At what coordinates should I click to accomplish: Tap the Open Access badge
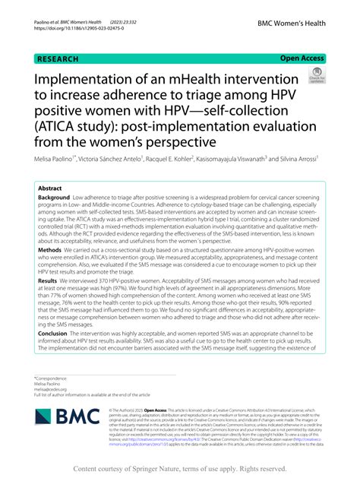[302, 57]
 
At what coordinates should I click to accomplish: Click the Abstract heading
[50, 187]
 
